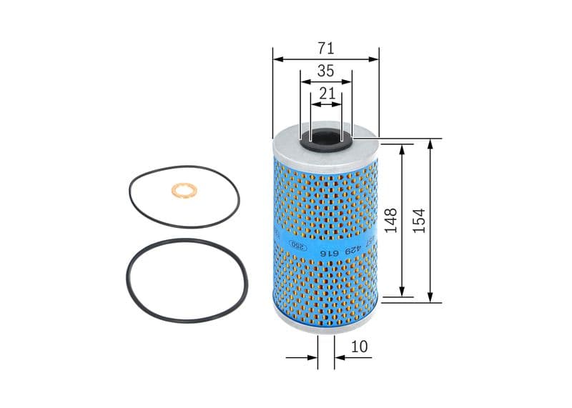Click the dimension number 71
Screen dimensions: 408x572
click(x=326, y=49)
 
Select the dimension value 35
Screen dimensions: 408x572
click(x=326, y=71)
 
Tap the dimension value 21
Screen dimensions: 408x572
click(x=327, y=93)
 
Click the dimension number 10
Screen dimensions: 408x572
click(x=360, y=347)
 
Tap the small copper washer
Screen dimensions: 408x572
click(x=184, y=191)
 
